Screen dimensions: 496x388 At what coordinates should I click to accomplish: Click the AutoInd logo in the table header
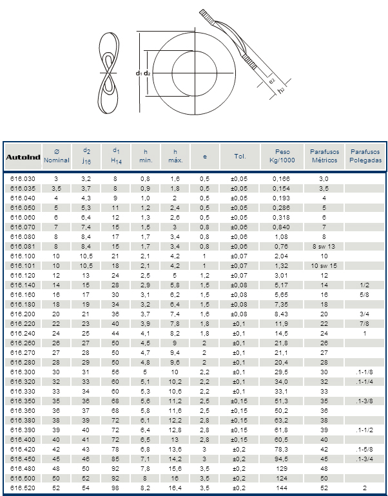pyautogui.click(x=23, y=157)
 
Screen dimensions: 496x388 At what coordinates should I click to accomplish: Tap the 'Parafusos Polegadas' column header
pyautogui.click(x=365, y=156)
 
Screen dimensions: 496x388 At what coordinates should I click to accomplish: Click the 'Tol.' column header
pyautogui.click(x=240, y=157)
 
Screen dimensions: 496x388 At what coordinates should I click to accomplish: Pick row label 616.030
pyautogui.click(x=23, y=178)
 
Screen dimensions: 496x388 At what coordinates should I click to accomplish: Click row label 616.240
pyautogui.click(x=23, y=334)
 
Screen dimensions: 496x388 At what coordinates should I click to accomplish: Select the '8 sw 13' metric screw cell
pyautogui.click(x=324, y=245)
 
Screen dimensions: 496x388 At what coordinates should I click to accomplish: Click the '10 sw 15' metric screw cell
pyautogui.click(x=324, y=265)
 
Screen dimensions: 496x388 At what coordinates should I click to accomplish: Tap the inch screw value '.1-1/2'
pyautogui.click(x=365, y=429)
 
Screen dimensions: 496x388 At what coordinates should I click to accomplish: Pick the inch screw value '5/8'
pyautogui.click(x=365, y=294)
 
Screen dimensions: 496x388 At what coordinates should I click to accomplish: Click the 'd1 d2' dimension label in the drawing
pyautogui.click(x=143, y=73)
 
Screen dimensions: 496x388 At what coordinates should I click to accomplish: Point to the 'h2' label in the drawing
pyautogui.click(x=282, y=91)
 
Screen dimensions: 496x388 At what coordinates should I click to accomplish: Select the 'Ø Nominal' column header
pyautogui.click(x=56, y=156)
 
